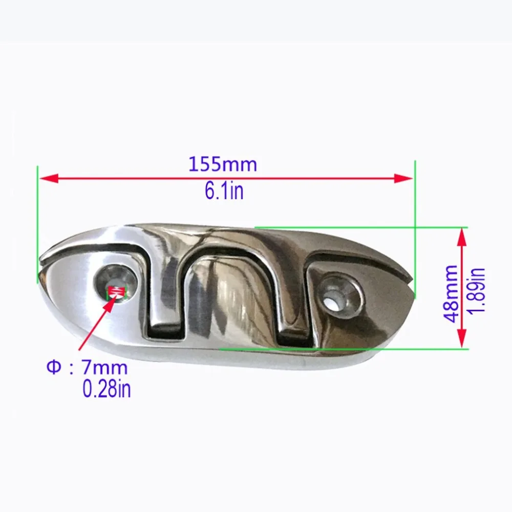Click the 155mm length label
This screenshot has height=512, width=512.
tap(223, 165)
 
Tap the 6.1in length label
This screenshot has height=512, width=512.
tap(224, 191)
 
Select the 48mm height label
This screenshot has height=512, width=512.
tap(452, 294)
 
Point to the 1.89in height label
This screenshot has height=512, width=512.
tap(477, 290)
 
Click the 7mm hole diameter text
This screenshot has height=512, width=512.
tap(104, 368)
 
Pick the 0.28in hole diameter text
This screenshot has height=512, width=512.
tap(107, 389)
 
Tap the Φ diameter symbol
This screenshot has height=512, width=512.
tap(54, 368)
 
